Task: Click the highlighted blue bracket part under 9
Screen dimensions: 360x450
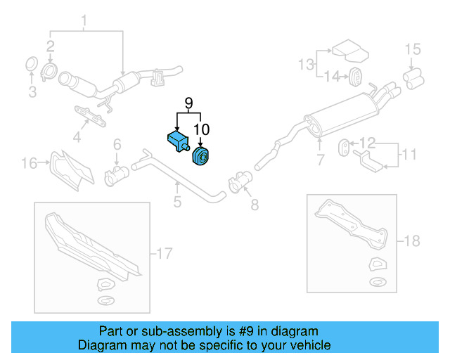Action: click(176, 140)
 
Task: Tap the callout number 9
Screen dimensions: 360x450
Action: click(188, 103)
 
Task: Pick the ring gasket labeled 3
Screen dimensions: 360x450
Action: click(31, 65)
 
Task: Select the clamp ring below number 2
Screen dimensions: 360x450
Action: click(51, 70)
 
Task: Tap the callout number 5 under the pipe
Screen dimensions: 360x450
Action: click(177, 202)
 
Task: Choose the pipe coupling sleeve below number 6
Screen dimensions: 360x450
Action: click(116, 174)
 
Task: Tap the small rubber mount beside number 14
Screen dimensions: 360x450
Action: click(354, 76)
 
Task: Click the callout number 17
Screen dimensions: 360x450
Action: click(163, 252)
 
